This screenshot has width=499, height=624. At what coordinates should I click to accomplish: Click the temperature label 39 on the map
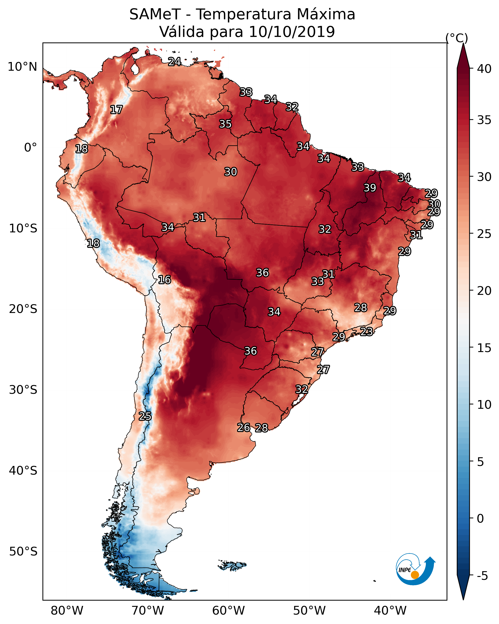370,188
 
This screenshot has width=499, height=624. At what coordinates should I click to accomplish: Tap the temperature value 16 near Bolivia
164,280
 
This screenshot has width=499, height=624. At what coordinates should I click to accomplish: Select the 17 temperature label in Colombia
116,110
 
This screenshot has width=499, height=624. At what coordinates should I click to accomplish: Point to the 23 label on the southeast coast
366,331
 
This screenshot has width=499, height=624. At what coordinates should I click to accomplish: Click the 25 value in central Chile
145,416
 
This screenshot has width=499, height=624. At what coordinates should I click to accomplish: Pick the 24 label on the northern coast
175,62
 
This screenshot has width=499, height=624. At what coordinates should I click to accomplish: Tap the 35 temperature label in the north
225,124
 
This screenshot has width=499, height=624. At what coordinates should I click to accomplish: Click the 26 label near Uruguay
244,428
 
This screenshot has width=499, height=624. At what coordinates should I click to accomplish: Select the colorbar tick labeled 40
484,69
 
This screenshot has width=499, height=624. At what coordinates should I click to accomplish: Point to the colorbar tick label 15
484,348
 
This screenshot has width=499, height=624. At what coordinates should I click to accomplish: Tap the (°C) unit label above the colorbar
457,38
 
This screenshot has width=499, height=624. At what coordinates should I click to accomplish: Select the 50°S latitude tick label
23,552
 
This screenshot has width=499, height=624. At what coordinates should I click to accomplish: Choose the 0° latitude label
30,148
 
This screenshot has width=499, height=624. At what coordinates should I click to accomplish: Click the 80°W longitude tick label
67,611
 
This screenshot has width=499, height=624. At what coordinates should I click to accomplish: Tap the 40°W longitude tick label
390,611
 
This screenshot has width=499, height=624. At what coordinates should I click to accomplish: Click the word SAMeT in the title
155,14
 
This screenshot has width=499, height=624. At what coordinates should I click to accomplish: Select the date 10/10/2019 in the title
292,32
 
